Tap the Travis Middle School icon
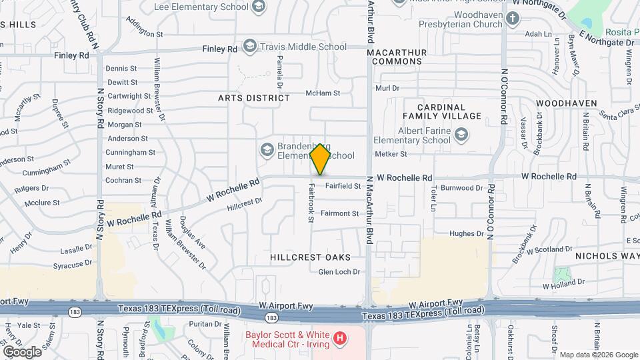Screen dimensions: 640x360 250,47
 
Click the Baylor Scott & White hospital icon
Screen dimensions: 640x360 340,339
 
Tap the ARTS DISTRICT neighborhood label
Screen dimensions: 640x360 254,98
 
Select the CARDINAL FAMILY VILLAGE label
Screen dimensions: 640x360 450,111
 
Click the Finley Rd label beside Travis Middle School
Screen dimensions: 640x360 221,49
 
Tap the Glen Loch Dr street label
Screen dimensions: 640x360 339,272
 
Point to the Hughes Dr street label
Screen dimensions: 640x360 466,234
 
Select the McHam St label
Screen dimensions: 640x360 323,94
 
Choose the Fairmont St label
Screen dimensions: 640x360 339,214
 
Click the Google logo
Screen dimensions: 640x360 22,351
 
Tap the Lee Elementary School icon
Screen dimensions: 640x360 258,7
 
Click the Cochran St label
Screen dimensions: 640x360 123,180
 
